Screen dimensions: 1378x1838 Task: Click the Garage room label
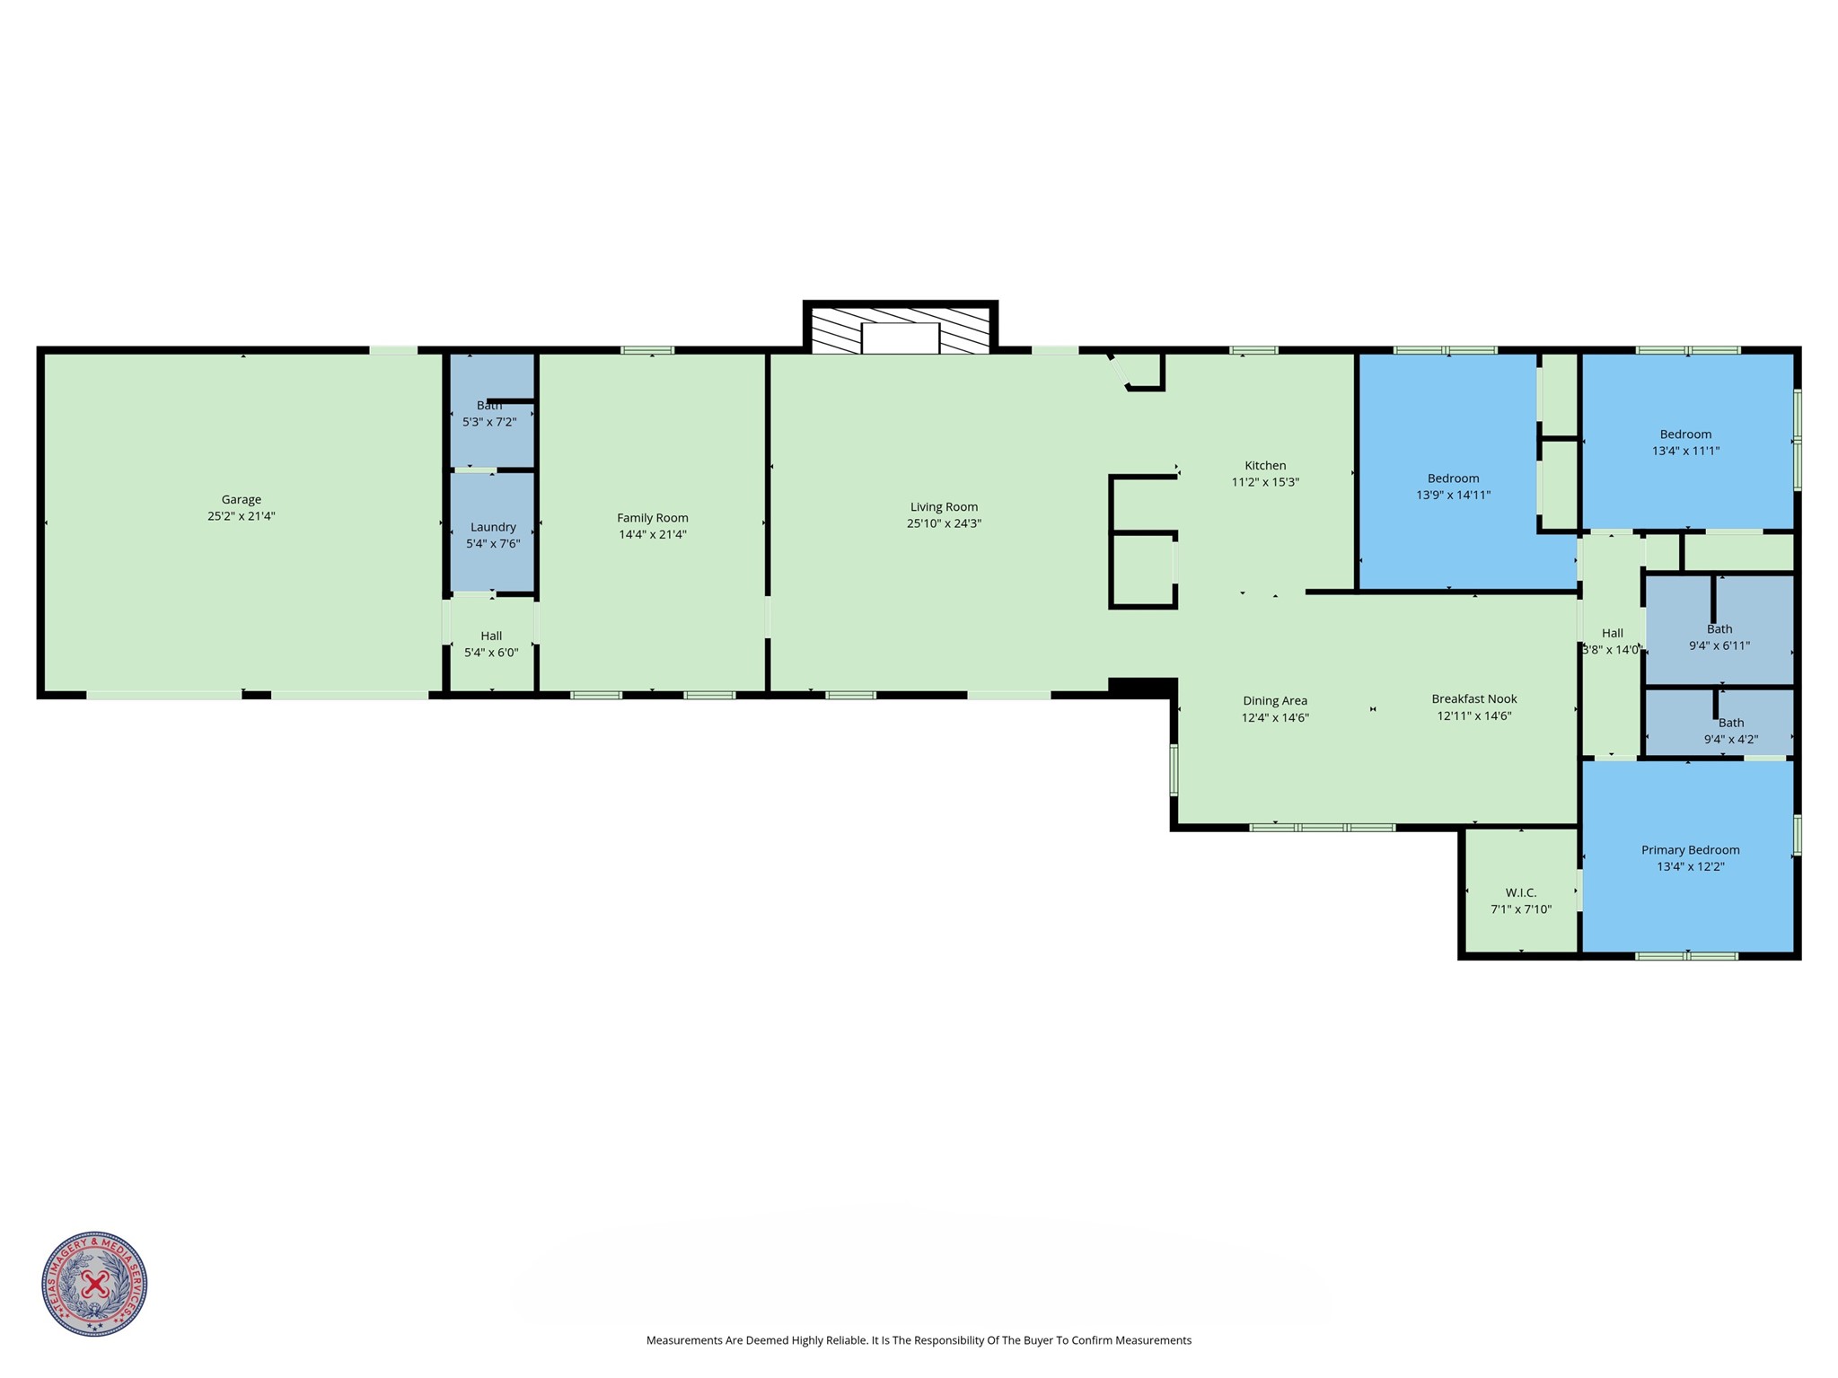pyautogui.click(x=241, y=499)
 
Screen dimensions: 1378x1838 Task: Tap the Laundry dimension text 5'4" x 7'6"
pyautogui.click(x=492, y=543)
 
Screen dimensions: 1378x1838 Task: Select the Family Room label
pyautogui.click(x=652, y=517)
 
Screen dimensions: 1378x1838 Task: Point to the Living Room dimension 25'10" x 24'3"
pyautogui.click(x=943, y=523)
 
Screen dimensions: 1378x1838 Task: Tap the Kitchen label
pyautogui.click(x=1264, y=465)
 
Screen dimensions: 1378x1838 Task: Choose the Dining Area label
pyautogui.click(x=1274, y=700)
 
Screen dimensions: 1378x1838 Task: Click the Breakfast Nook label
pyautogui.click(x=1473, y=698)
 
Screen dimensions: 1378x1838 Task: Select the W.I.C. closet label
pyautogui.click(x=1520, y=892)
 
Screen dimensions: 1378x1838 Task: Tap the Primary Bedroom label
pyautogui.click(x=1690, y=849)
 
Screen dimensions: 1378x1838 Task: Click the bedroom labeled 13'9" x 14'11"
pyautogui.click(x=1453, y=487)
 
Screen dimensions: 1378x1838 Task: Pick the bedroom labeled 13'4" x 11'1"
pyautogui.click(x=1685, y=443)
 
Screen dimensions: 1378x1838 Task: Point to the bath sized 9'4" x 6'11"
pyautogui.click(x=1719, y=636)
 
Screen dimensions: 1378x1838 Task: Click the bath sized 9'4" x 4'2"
pyautogui.click(x=1730, y=731)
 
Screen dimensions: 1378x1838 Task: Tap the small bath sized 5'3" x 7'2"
pyautogui.click(x=489, y=414)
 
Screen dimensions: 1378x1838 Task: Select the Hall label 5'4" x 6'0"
pyautogui.click(x=490, y=644)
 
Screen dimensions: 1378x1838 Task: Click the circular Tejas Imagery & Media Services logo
pyautogui.click(x=94, y=1283)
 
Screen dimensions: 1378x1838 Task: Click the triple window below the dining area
pyautogui.click(x=1322, y=827)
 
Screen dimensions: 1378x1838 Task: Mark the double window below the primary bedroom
pyautogui.click(x=1686, y=956)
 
